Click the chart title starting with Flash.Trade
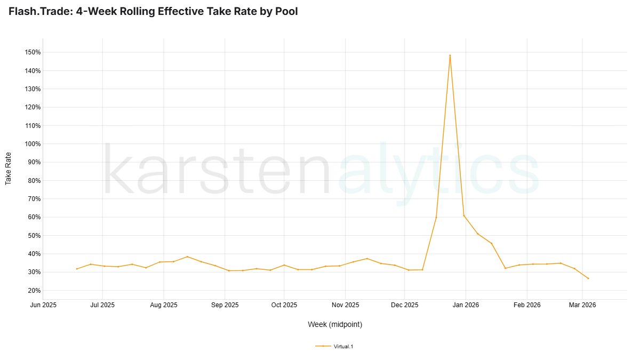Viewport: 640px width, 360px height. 153,11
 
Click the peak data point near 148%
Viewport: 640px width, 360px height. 450,55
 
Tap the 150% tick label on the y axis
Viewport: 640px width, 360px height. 33,52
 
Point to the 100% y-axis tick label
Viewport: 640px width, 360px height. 33,144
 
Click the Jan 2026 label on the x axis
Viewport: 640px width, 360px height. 466,305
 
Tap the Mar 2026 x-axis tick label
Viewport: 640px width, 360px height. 582,305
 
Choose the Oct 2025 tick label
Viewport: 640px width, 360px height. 284,305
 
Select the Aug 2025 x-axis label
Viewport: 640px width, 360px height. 164,305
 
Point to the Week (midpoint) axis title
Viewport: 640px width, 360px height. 335,324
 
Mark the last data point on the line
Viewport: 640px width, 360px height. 588,278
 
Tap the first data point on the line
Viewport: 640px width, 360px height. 77,269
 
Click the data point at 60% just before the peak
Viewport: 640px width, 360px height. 436,217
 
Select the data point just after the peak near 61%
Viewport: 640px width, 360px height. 464,215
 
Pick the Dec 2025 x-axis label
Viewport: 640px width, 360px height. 405,305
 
